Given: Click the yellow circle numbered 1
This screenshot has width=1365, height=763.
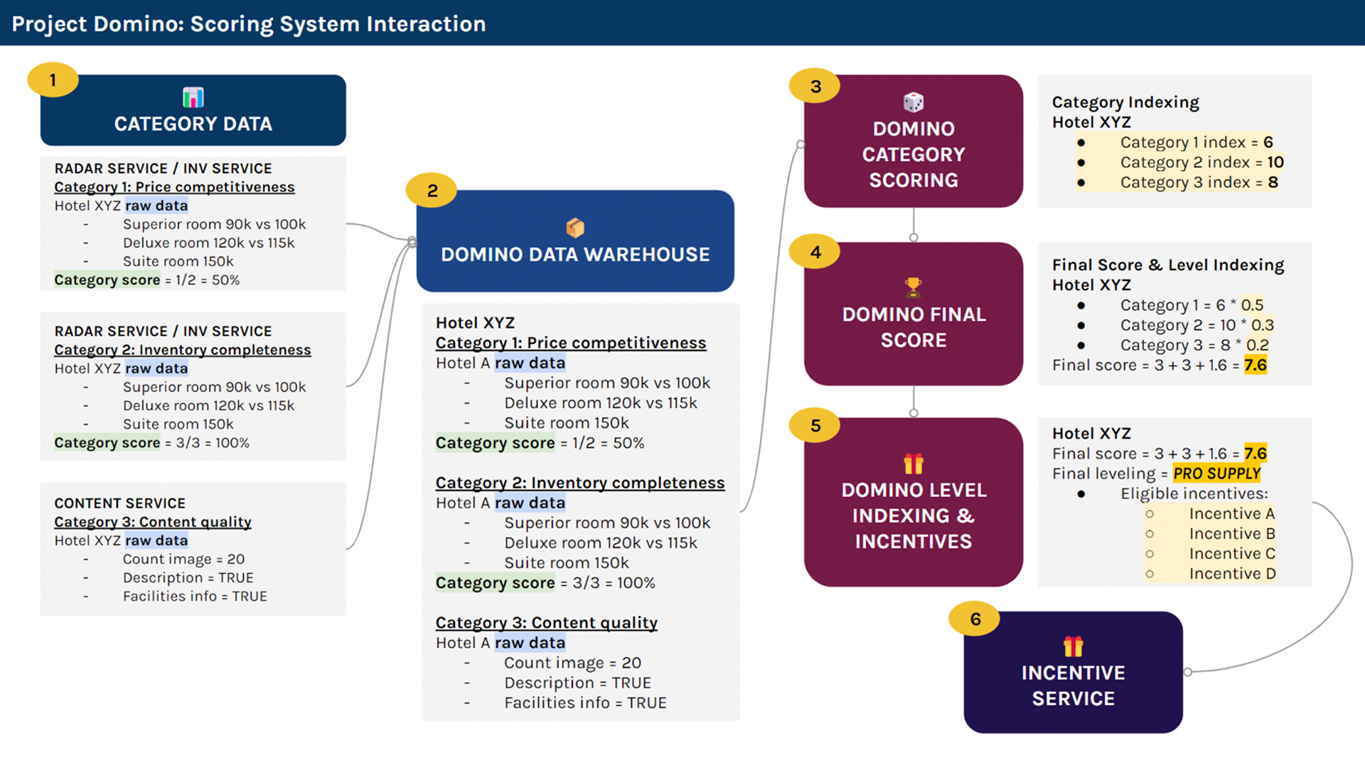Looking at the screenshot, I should click(53, 80).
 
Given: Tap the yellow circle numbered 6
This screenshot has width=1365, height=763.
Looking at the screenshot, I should click(975, 619).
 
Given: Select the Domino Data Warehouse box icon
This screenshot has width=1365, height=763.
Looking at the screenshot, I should click(575, 228).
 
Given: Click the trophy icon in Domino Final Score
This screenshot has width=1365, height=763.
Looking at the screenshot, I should click(914, 287).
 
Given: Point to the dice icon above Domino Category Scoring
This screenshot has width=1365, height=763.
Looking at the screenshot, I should click(914, 102).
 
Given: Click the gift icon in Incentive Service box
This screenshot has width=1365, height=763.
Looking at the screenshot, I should click(1073, 646).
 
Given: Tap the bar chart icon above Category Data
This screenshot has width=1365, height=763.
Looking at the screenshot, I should click(193, 97).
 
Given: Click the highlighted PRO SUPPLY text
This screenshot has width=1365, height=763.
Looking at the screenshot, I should click(1216, 474).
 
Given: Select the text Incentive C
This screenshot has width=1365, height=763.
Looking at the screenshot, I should click(1232, 554).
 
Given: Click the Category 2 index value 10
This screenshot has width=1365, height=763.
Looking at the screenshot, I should click(1275, 162).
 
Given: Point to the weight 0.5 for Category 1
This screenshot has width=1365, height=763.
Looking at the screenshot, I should click(1252, 305).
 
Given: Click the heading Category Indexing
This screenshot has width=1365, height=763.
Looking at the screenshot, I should click(1125, 102).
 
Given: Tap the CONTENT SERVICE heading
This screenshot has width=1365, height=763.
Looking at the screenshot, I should click(120, 503).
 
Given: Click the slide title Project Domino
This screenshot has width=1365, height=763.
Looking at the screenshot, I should click(249, 23).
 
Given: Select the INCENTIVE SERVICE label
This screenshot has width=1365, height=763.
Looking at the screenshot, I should click(1073, 685).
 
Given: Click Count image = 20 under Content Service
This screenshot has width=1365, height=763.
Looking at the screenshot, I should click(183, 559).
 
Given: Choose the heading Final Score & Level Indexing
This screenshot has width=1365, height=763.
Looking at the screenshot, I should click(1168, 265).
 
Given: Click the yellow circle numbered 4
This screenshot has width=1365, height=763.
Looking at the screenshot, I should click(815, 252).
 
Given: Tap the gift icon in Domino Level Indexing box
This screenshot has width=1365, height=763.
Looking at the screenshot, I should click(914, 464).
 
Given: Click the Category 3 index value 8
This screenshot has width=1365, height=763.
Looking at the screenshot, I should click(1273, 182).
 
